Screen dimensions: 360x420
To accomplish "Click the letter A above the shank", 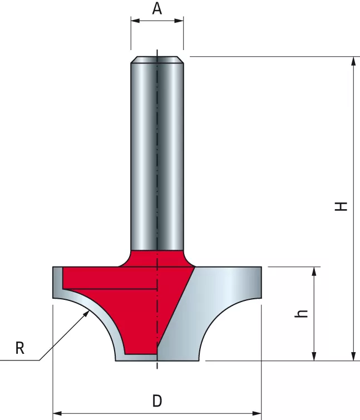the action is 157,8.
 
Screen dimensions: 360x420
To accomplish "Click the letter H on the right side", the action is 341,206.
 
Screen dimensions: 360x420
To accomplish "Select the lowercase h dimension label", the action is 301,313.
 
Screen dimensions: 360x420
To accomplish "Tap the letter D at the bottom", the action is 157,401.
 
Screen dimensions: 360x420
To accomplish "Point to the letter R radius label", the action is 20,348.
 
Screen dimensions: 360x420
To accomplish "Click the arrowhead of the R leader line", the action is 86,313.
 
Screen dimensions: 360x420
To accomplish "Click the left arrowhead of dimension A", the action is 135,21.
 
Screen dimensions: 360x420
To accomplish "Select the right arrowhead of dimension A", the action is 179,21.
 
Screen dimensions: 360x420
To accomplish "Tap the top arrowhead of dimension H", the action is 353,61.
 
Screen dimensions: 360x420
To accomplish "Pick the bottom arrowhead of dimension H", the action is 353,356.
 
